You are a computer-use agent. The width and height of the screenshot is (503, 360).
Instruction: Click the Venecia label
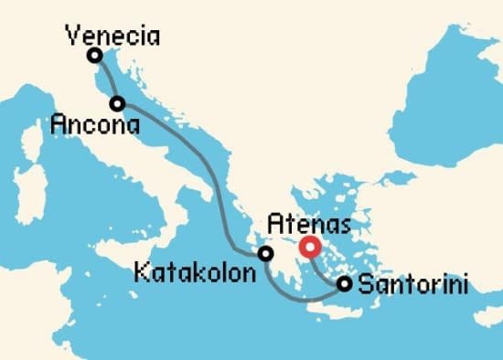pyautogui.click(x=113, y=37)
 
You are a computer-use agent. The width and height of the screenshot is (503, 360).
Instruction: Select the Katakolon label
pyautogui.click(x=191, y=272)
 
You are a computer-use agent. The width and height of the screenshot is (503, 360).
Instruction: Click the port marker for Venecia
pyautogui.click(x=94, y=56)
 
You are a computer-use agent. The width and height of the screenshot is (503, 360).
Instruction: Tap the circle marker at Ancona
pyautogui.click(x=118, y=103)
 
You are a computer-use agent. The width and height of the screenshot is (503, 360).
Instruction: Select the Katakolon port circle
pyautogui.click(x=265, y=253)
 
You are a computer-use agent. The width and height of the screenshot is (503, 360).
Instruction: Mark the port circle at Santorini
pyautogui.click(x=344, y=284)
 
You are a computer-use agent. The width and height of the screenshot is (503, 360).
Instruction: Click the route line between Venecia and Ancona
pyautogui.click(x=106, y=80)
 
